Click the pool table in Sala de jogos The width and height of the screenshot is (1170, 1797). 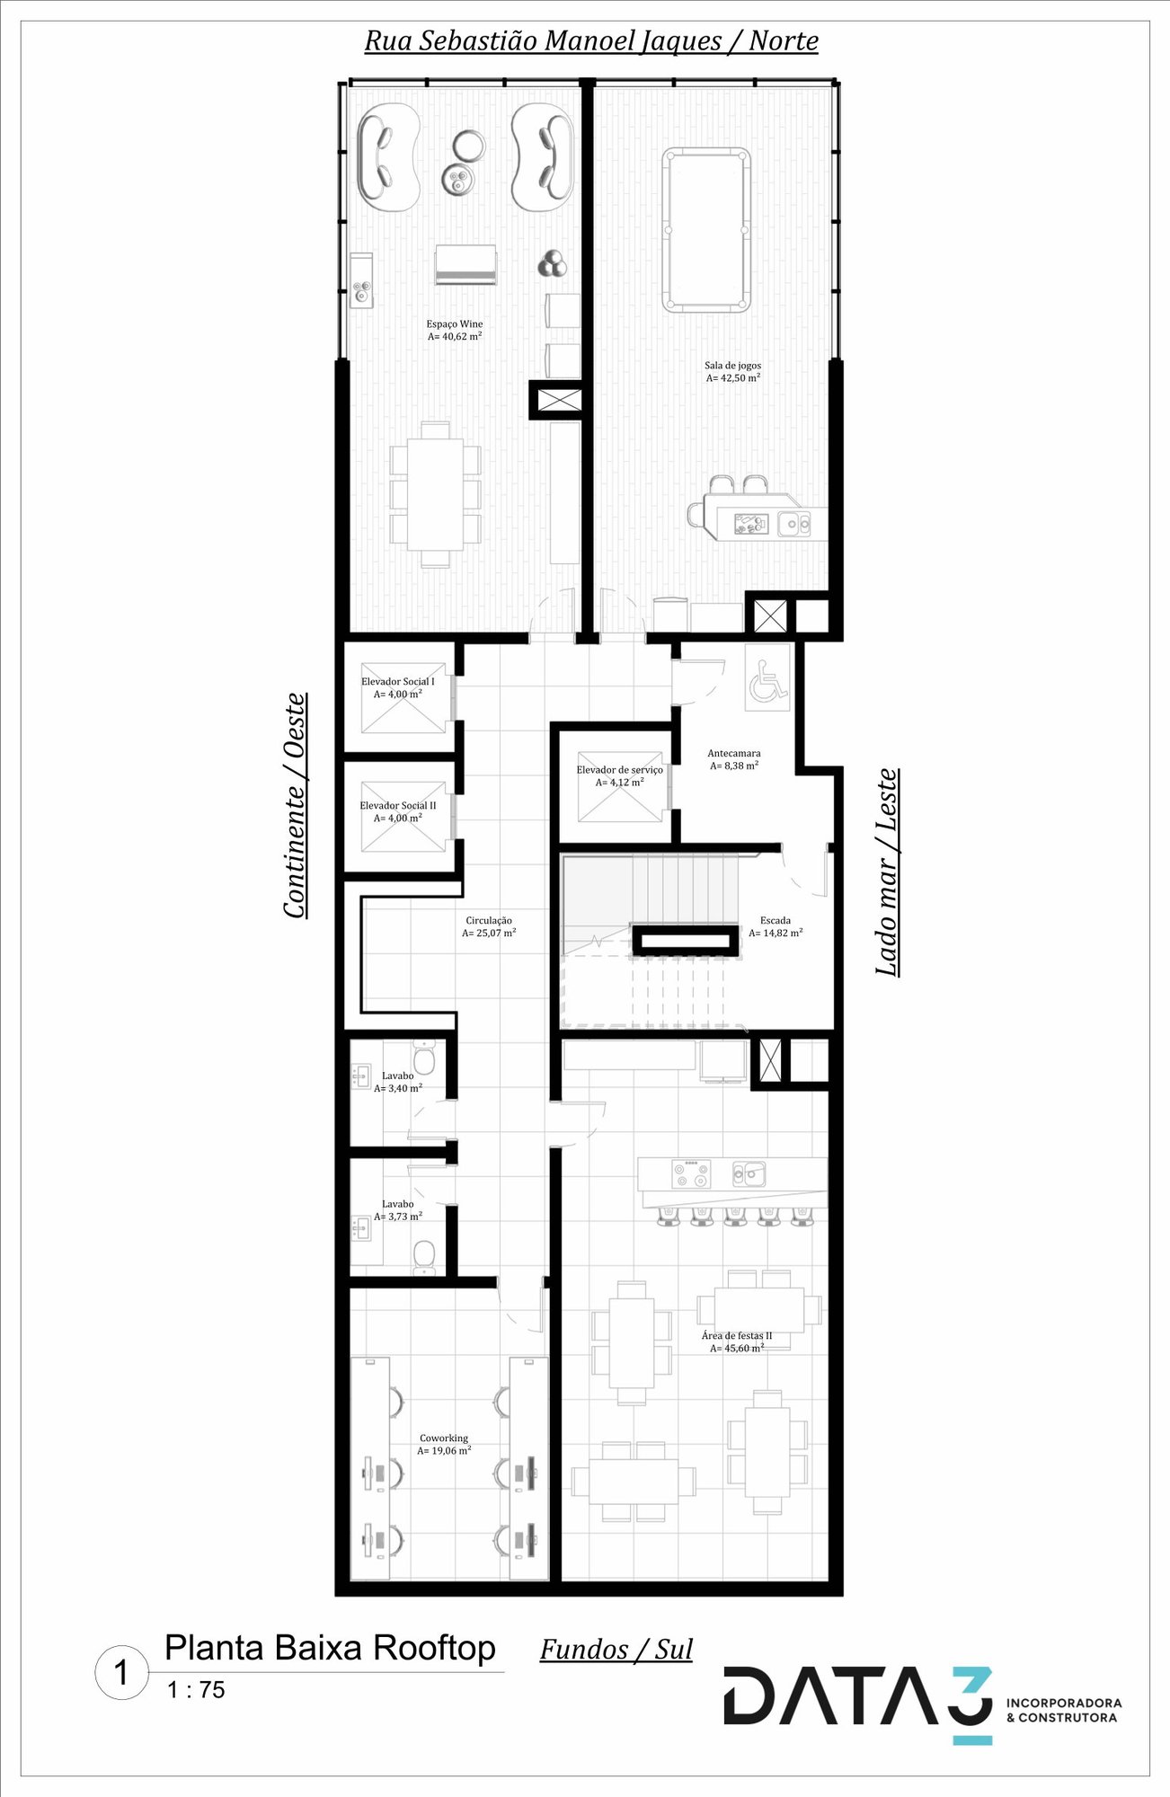(706, 229)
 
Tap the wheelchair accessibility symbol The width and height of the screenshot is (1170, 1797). (767, 680)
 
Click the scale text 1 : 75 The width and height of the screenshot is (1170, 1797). (196, 1690)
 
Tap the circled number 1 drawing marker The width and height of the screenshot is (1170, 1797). (121, 1673)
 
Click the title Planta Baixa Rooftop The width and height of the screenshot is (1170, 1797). (330, 1648)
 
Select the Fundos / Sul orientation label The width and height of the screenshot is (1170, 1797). (616, 1650)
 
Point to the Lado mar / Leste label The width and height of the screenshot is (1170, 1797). (887, 872)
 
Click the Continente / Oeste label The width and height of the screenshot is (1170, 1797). (295, 806)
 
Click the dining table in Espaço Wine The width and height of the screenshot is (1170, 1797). (435, 494)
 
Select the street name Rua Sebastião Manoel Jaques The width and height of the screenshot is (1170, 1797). (544, 41)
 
